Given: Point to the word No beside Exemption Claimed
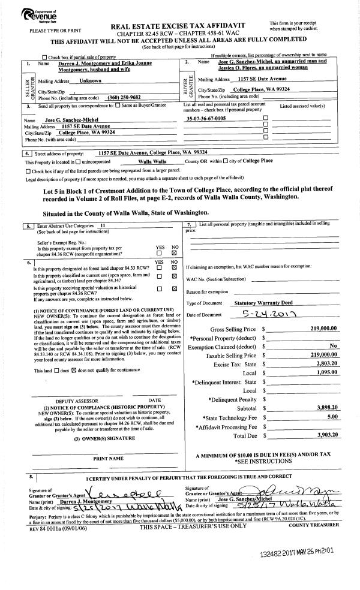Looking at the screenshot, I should (x=333, y=346).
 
